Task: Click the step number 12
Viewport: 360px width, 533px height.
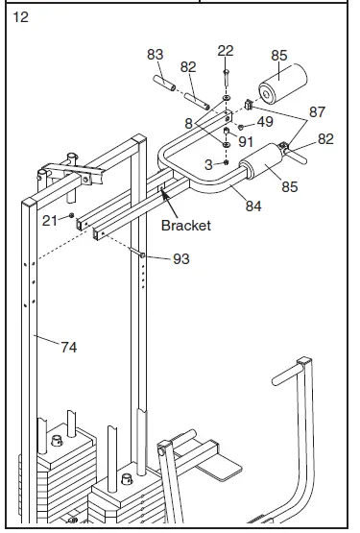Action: click(20, 17)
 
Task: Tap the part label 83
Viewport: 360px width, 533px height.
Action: click(155, 55)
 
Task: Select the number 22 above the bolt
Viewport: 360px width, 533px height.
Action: click(226, 51)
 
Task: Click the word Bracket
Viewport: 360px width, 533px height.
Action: click(186, 226)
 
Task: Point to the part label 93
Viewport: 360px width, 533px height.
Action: click(181, 259)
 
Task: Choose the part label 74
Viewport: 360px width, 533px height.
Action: click(69, 348)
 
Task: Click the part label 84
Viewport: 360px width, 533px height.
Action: click(253, 206)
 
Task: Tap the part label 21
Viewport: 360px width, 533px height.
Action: click(50, 221)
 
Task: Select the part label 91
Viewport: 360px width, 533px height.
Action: click(246, 142)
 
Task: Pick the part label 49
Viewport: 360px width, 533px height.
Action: click(265, 122)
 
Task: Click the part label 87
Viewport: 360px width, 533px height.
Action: click(317, 111)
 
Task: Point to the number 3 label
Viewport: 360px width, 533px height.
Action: click(208, 165)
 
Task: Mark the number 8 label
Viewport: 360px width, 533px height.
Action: click(189, 124)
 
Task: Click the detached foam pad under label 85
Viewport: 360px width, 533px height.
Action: click(282, 84)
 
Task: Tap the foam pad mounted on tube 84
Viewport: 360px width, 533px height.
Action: click(261, 160)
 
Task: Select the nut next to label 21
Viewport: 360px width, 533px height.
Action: click(71, 215)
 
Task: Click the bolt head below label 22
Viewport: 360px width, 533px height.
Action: click(226, 72)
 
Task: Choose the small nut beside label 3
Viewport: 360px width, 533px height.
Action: click(226, 162)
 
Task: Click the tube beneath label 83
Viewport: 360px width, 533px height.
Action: click(164, 84)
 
